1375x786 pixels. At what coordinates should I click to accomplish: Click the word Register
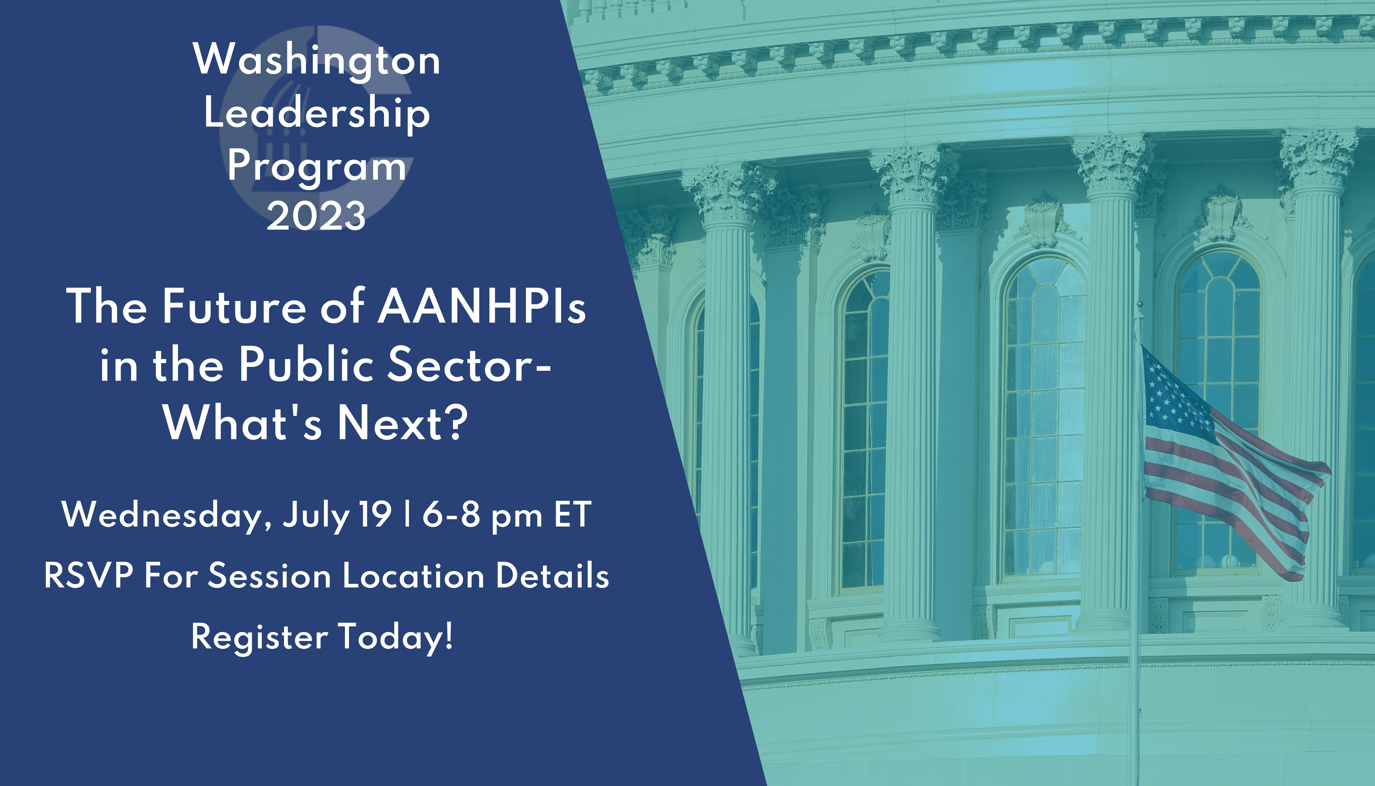point(259,637)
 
